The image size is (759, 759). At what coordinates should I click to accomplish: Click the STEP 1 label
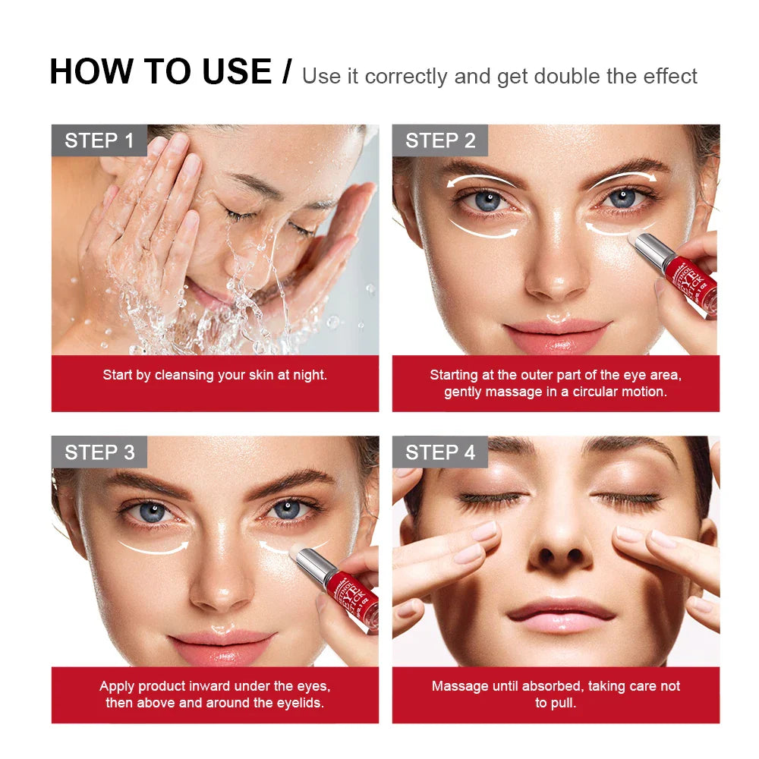coord(99,140)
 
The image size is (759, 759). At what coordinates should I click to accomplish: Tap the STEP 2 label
coord(440,140)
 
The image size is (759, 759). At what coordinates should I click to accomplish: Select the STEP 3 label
coord(99,452)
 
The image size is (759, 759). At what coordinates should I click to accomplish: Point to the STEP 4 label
coord(440,452)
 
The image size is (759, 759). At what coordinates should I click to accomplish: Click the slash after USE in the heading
coord(286,72)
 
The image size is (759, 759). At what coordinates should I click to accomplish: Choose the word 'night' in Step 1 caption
coord(310,375)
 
